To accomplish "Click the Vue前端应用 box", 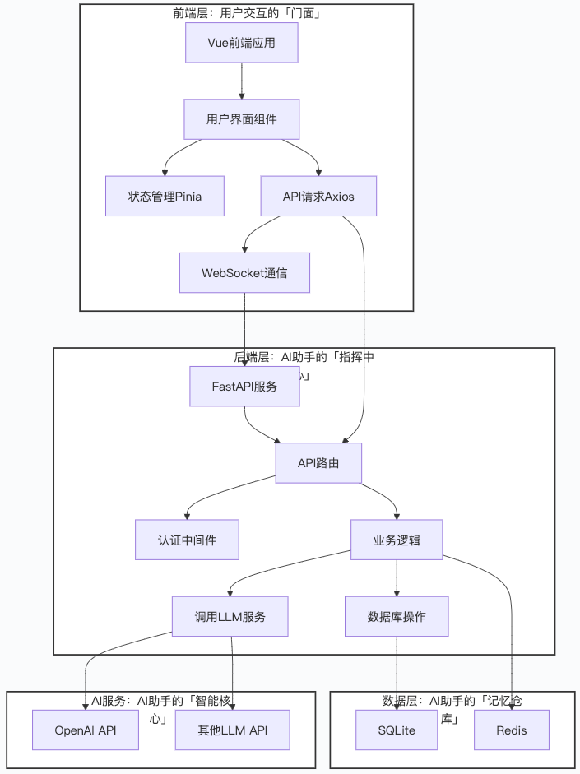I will [241, 43].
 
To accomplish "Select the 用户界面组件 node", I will [241, 119].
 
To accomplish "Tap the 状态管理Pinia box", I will [165, 196].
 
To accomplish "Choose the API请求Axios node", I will [318, 196].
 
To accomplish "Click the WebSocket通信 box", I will [244, 272].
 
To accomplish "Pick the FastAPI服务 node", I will [244, 386].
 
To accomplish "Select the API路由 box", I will [318, 463].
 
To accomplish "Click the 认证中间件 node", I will [187, 540].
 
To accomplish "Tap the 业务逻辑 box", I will [397, 540].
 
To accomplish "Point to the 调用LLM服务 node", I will [230, 616].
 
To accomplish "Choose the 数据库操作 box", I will [397, 616].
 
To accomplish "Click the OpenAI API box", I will [86, 730].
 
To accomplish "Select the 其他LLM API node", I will [233, 730].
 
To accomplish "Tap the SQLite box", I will [397, 730].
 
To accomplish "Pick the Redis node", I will [511, 730].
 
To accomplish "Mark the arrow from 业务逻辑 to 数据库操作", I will [397, 578].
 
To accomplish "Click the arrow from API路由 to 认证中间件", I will [214, 494].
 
